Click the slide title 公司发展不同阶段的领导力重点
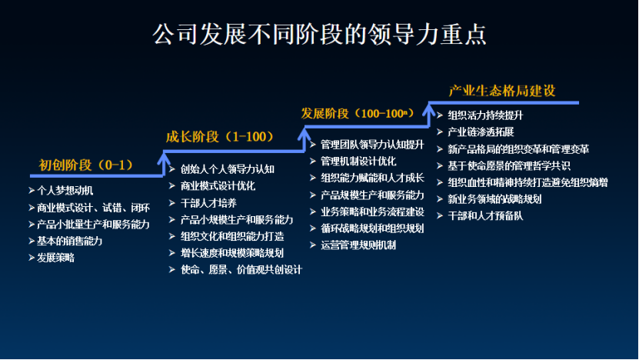tap(320, 34)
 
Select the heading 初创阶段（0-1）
tap(86, 165)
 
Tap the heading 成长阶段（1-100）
tap(220, 137)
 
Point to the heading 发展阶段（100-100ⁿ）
tap(358, 113)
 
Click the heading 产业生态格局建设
tap(502, 91)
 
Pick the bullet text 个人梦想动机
tap(65, 191)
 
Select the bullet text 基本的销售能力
tap(70, 241)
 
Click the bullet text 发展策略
tap(56, 258)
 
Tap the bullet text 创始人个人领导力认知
tap(228, 169)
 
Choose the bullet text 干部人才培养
tap(208, 202)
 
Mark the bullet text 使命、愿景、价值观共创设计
tap(241, 269)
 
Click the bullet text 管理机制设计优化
tap(358, 161)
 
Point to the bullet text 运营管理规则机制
tap(358, 245)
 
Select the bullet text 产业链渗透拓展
tap(481, 132)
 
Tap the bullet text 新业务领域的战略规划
tap(494, 199)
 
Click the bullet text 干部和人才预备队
tap(485, 215)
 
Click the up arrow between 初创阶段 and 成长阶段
tap(164, 164)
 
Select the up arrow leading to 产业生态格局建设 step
tap(429, 115)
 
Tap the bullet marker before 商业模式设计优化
tap(172, 186)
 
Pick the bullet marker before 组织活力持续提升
tap(440, 115)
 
